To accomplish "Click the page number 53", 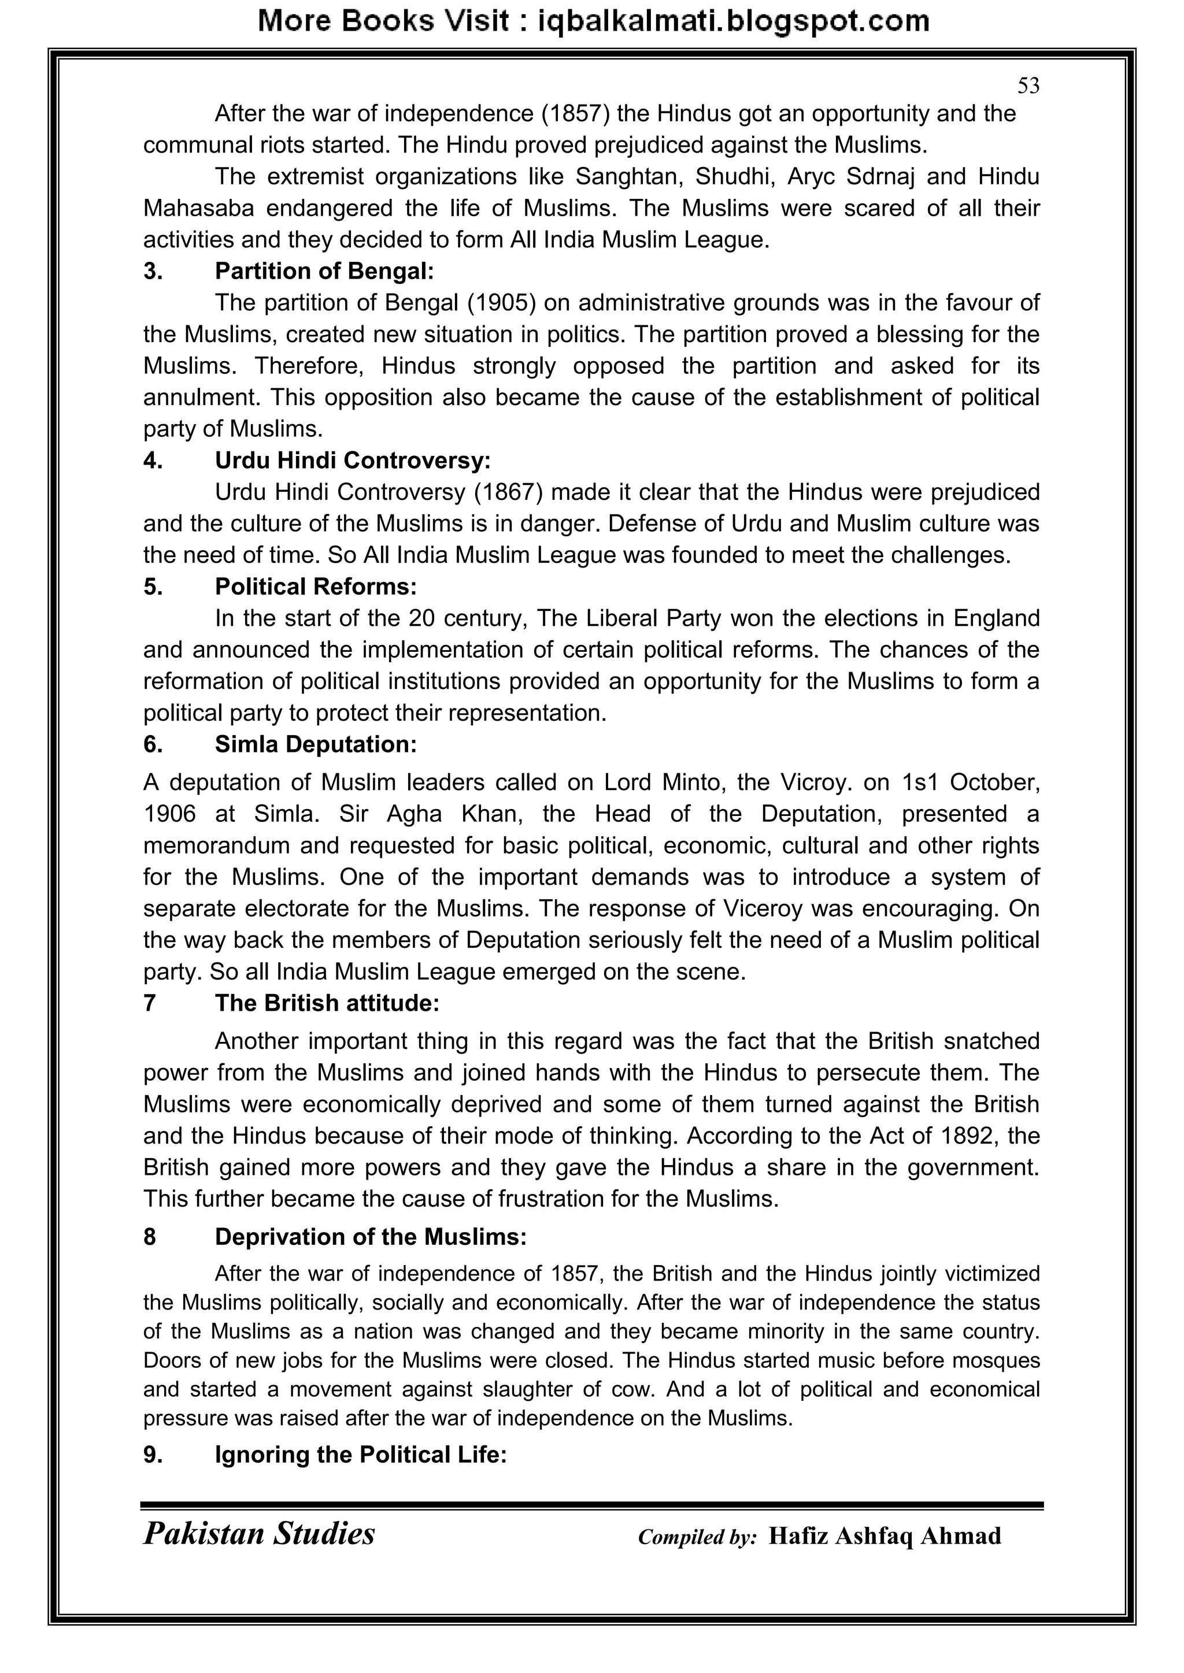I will (1028, 86).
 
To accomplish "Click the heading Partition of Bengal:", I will (324, 271).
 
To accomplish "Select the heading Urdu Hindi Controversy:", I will (352, 461).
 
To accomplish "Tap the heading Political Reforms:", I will (315, 587).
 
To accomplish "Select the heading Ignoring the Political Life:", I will (360, 1455).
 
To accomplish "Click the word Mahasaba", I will (198, 209).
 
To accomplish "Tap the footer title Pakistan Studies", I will (259, 1533).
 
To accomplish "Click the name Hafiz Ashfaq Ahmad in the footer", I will (885, 1535).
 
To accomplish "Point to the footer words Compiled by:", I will (697, 1537).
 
